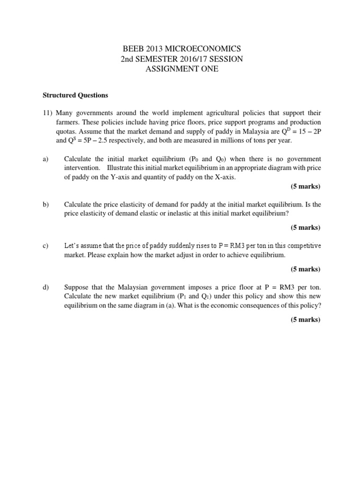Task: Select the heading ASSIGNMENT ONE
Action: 182,69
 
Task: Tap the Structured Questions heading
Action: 75,95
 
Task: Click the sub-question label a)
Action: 46,159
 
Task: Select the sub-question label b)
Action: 46,205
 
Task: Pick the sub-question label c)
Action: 46,246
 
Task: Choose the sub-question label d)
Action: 46,287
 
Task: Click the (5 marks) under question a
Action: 306,186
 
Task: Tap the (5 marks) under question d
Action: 306,319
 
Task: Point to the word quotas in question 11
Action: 67,131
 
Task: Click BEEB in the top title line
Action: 134,49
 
